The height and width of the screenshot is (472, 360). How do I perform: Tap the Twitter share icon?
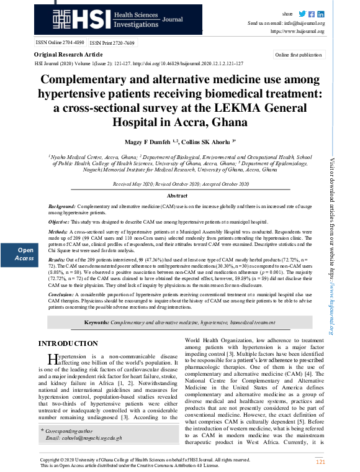tap(302, 14)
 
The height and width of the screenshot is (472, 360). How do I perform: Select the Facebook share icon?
tap(312, 14)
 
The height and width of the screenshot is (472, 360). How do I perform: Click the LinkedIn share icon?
tap(321, 14)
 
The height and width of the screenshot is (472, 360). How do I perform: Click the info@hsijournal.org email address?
tap(305, 22)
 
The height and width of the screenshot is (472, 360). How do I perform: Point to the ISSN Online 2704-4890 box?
tap(60, 43)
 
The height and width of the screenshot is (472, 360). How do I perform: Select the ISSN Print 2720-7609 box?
tap(112, 43)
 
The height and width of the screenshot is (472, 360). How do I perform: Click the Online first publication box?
tap(298, 55)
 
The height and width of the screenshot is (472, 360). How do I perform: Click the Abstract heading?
tap(180, 196)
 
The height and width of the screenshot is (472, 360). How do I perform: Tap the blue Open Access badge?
tap(25, 253)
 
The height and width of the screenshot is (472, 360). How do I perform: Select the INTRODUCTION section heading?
tap(68, 343)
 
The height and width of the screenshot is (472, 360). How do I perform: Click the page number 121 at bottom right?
tap(320, 462)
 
